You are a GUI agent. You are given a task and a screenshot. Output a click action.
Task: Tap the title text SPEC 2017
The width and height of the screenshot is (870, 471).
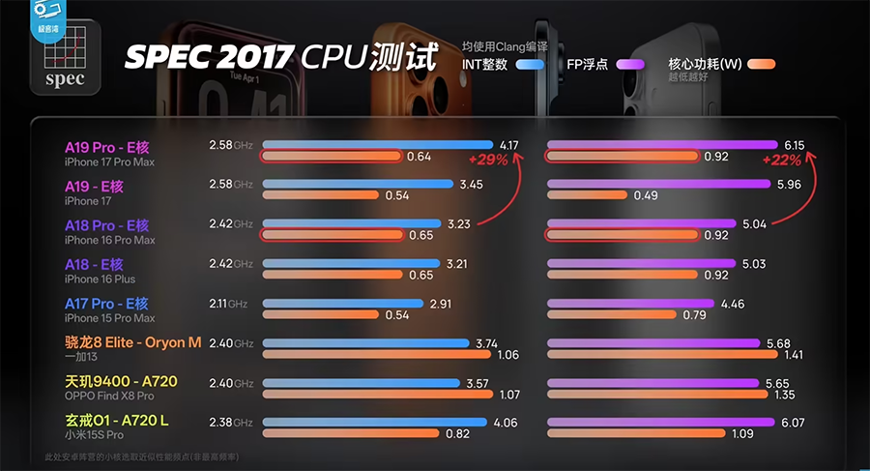(x=208, y=57)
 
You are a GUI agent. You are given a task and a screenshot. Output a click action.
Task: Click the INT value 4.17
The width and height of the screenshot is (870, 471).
(x=508, y=145)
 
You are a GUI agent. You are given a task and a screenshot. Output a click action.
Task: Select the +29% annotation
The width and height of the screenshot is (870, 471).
(x=488, y=160)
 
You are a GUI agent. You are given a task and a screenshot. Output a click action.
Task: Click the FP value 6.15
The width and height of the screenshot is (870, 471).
(x=794, y=145)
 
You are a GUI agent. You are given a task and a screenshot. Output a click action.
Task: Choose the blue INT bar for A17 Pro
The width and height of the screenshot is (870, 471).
(x=342, y=304)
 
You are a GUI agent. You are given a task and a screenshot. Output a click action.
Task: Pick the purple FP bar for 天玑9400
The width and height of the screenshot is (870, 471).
(x=652, y=383)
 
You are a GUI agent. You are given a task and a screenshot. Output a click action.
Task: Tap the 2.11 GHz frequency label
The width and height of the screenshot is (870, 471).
(x=227, y=304)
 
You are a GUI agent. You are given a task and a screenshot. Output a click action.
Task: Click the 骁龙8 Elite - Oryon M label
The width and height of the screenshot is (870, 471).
(x=133, y=342)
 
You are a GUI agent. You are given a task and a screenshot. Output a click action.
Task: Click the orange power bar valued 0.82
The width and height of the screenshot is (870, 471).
(x=352, y=434)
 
